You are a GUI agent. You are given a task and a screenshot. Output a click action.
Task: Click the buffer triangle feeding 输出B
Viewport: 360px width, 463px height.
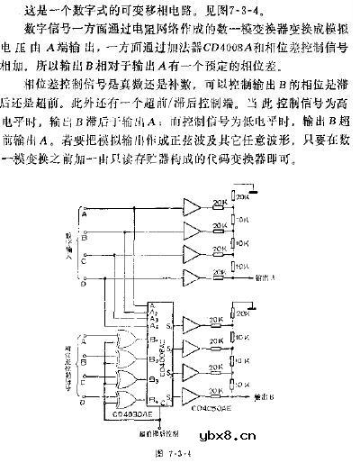pyautogui.click(x=192, y=394)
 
